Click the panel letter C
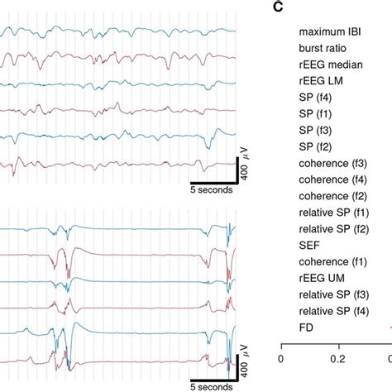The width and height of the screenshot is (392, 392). (277, 9)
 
